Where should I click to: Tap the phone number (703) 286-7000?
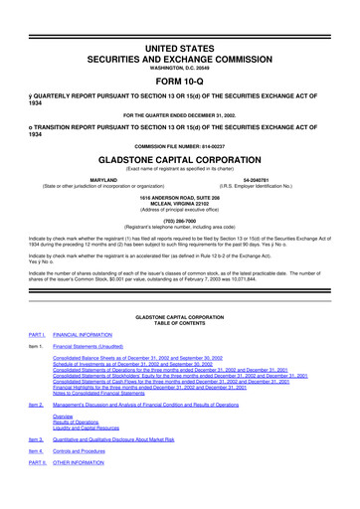179,223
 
